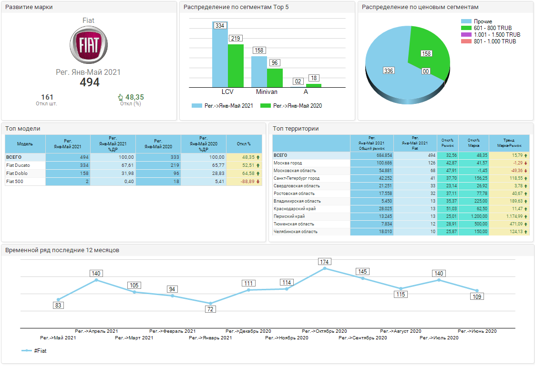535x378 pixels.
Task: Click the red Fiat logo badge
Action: (89, 45)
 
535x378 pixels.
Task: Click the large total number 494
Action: (90, 82)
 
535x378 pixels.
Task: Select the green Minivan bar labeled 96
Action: (275, 78)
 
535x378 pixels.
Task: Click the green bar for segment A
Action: (313, 85)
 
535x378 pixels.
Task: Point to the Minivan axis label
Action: (267, 92)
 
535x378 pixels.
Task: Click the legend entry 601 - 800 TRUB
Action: (493, 28)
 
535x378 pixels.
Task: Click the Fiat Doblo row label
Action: (18, 174)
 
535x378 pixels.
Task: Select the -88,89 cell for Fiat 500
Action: (244, 182)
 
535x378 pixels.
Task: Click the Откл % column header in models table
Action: (244, 143)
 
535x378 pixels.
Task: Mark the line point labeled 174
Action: (325, 268)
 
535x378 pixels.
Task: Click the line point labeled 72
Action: (210, 303)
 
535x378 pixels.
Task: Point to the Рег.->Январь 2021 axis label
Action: (210, 338)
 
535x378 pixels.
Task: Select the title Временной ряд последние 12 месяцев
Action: (62, 250)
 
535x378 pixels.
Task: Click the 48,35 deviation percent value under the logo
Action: (134, 97)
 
